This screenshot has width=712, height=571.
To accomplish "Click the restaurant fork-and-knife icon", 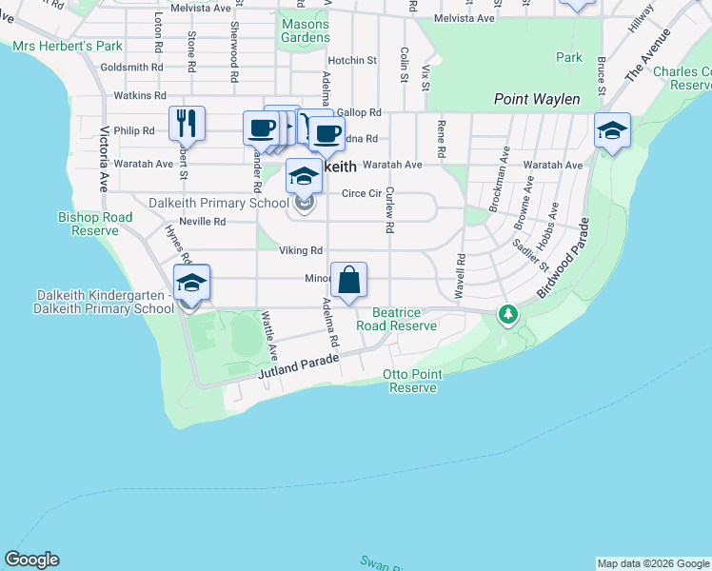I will (188, 123).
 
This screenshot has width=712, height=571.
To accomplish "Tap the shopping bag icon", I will (348, 280).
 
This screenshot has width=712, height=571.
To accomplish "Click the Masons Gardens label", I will (306, 30).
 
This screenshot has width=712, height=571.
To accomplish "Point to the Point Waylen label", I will (537, 99).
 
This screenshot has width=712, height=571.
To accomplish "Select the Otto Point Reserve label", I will (413, 381).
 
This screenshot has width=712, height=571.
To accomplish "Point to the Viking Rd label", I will (294, 250).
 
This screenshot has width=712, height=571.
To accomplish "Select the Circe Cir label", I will (361, 193).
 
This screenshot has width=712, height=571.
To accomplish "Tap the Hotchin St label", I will (353, 61).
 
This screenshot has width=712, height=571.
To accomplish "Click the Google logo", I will (31, 560).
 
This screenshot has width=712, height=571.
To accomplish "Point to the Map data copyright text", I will (652, 563).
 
